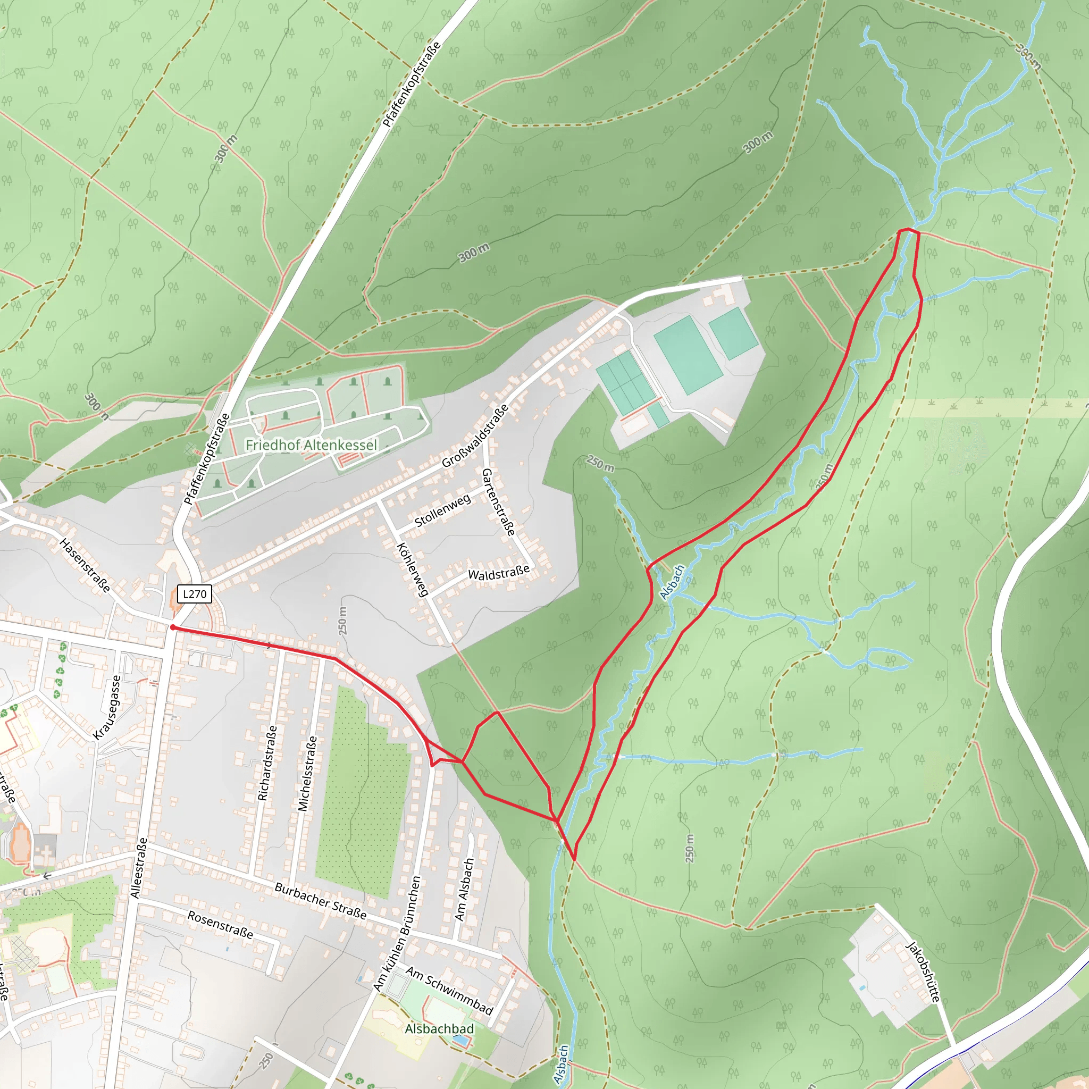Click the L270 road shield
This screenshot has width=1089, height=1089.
[195, 594]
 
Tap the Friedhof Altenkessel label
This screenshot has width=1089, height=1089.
[311, 445]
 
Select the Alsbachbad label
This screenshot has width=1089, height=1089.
[440, 1029]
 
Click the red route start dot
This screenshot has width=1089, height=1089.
[173, 627]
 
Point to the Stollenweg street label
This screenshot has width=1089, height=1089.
[442, 510]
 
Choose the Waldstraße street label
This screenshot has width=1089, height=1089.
[499, 573]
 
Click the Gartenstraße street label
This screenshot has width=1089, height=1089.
[499, 501]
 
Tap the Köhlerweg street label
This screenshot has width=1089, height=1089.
[413, 570]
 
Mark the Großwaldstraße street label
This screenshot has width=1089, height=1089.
[475, 436]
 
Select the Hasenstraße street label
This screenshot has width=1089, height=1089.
[85, 565]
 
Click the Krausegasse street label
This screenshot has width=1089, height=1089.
[107, 707]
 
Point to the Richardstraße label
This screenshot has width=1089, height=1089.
[267, 763]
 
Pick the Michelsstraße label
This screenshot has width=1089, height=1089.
[307, 773]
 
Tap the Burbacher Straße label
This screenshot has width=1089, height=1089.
[320, 901]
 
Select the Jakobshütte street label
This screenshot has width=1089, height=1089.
[923, 971]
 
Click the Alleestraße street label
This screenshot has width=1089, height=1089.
[139, 868]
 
